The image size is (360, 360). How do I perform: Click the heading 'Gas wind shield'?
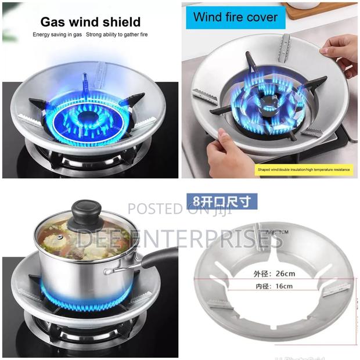click(x=90, y=23)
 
